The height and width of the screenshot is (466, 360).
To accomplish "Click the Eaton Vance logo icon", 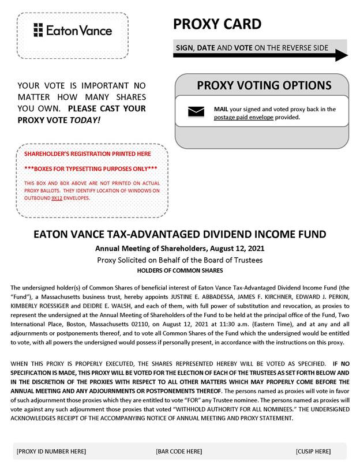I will coord(39,30).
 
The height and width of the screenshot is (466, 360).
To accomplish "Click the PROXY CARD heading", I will coord(216,24).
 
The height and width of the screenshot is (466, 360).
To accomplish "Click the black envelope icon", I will coord(196,112).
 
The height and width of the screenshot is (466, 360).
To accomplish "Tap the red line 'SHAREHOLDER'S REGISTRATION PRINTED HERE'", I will coord(87,154).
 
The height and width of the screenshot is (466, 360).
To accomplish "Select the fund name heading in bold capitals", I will coord(180,235).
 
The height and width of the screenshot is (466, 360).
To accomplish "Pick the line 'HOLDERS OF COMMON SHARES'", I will coord(180,270).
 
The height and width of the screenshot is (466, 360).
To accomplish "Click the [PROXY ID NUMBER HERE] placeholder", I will coord(51,451).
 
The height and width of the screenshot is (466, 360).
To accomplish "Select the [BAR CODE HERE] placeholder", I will coord(179,451).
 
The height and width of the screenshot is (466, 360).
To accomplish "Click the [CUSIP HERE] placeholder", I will coord(313,451).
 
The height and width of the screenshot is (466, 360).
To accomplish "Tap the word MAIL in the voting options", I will coord(221,109).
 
